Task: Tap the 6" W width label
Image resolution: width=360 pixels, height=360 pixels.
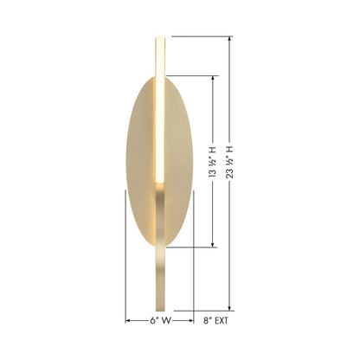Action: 159,319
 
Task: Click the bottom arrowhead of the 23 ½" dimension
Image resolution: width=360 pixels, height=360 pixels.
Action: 230,309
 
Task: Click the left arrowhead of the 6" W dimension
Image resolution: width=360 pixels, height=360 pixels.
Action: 128,319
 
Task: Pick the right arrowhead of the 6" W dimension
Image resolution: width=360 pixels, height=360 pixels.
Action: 192,319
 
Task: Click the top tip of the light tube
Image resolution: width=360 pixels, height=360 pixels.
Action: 159,38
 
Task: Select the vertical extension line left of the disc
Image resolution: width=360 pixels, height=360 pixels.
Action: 126,251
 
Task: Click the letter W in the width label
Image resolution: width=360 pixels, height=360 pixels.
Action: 166,319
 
